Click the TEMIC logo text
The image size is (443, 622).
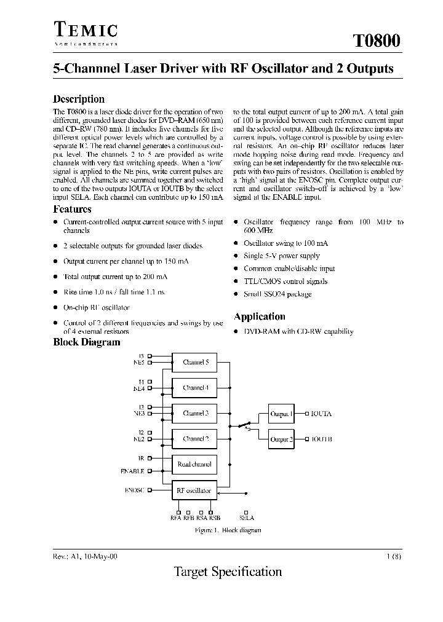[x=86, y=30]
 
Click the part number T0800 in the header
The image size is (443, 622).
[x=376, y=41]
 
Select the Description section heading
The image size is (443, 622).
[x=79, y=99]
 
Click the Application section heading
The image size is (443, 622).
[x=259, y=317]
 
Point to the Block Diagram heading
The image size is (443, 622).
[x=86, y=342]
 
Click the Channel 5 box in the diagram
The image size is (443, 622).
[x=194, y=363]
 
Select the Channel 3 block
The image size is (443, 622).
[x=194, y=414]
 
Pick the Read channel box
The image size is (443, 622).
[x=194, y=465]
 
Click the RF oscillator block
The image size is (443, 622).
[x=194, y=490]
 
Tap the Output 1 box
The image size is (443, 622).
[x=281, y=414]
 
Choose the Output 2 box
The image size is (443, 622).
[x=281, y=439]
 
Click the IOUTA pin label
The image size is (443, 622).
[x=321, y=414]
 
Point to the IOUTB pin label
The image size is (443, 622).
[x=321, y=440]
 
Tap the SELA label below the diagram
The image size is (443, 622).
[x=246, y=518]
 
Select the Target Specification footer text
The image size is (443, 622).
[x=228, y=572]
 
